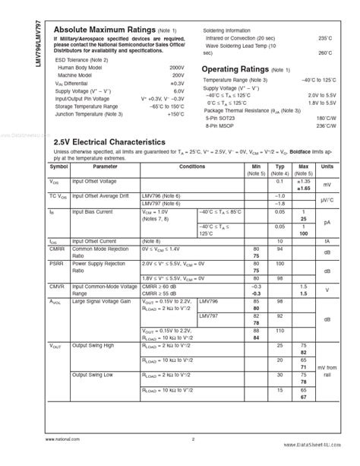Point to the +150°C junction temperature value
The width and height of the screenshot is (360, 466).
tap(175, 115)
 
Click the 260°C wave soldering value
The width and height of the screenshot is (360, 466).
tap(324, 52)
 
